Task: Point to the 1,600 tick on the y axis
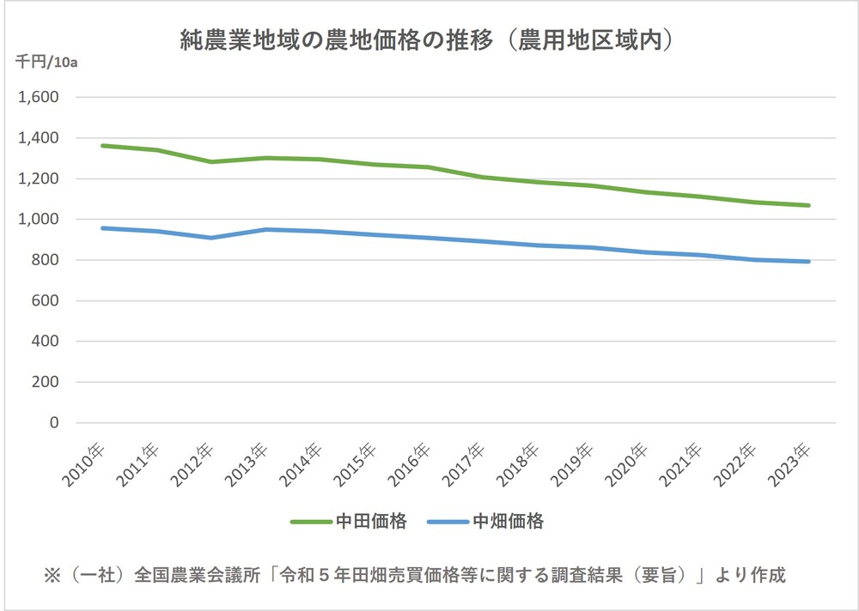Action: [38, 98]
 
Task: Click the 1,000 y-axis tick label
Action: [38, 220]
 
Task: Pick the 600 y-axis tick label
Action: [45, 301]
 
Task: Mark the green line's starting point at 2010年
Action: [102, 146]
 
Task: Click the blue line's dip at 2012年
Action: [211, 238]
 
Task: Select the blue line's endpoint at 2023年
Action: [808, 262]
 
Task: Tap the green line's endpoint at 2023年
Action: [808, 205]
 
